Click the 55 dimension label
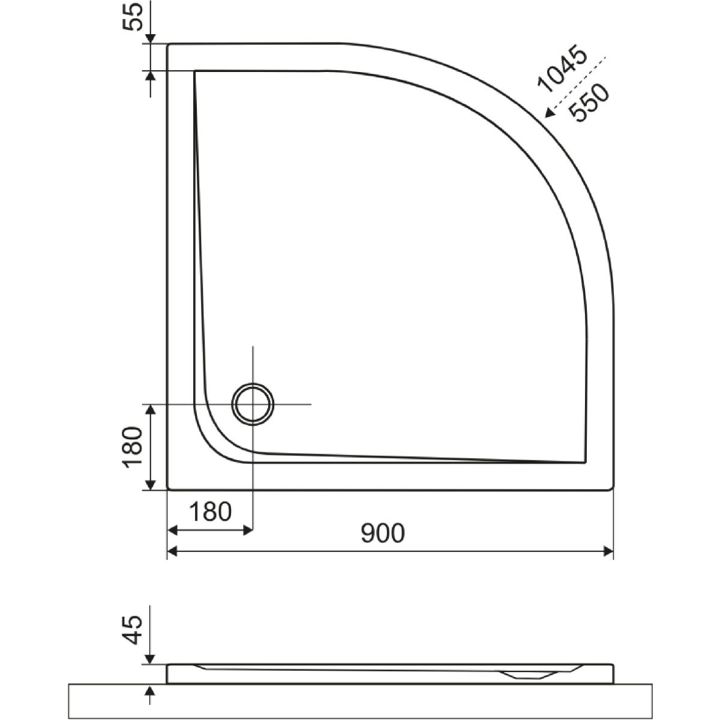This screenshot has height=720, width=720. click(132, 16)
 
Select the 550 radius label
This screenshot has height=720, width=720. click(589, 103)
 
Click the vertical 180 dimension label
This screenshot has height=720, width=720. click(133, 447)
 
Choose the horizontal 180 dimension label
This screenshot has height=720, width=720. click(211, 512)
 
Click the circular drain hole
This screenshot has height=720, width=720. click(253, 404)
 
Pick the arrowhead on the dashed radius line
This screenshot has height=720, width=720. click(549, 112)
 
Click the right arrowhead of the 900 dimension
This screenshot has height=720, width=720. click(608, 551)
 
